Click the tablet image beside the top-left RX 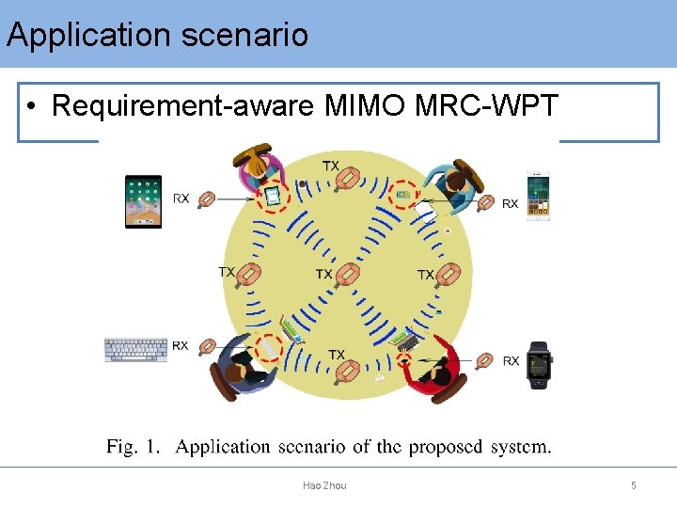tap(144, 200)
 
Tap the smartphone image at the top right tap(538, 198)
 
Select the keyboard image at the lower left tap(135, 349)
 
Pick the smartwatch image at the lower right tap(539, 365)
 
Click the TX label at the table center tap(323, 274)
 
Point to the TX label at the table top tap(331, 166)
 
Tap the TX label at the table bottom tap(336, 355)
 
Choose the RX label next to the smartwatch tap(511, 360)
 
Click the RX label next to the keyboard tap(181, 346)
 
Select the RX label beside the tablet tap(181, 198)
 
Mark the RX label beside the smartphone tap(510, 203)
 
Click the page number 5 tap(634, 485)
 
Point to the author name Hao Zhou tap(324, 485)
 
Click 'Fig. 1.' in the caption tap(134, 447)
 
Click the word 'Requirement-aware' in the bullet tap(183, 106)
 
